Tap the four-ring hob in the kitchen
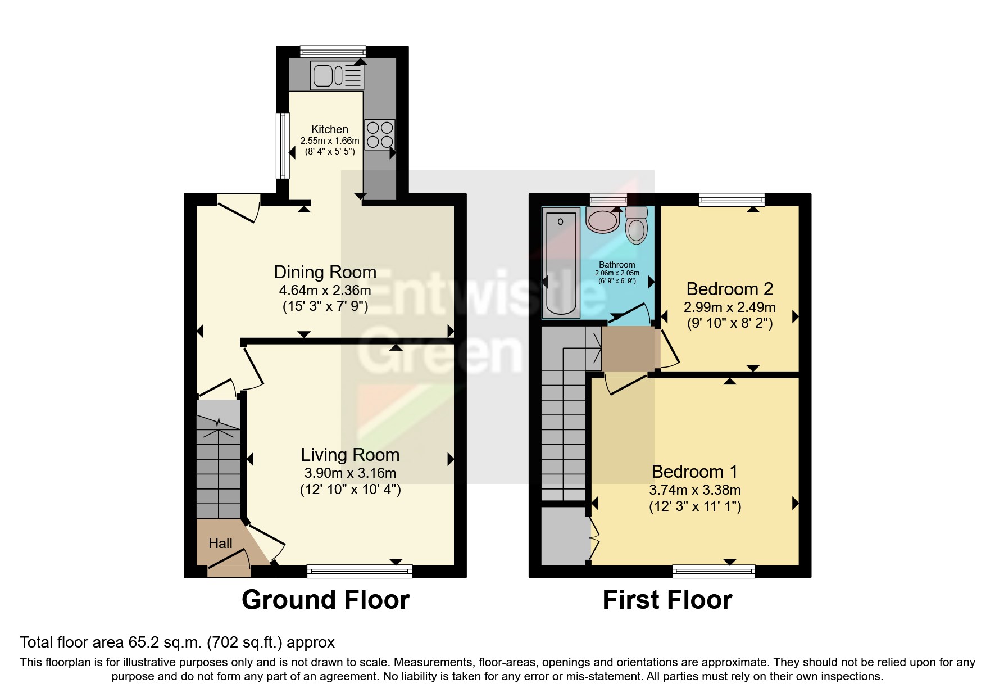380,135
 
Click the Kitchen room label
330,129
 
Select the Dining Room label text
325,272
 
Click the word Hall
220,543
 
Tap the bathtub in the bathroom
560,263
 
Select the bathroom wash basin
602,220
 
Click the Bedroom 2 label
729,289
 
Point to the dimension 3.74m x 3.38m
694,490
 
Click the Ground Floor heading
325,600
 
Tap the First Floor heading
667,600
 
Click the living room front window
360,572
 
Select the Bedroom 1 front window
714,572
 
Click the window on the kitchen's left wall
283,146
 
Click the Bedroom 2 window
732,200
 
